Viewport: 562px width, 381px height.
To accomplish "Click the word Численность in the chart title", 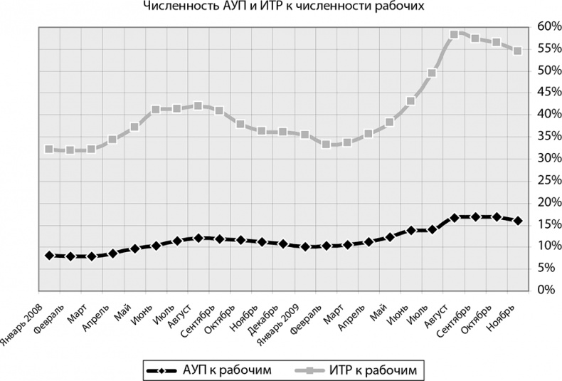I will point(175,9).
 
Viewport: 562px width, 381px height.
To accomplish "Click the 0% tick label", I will point(547,290).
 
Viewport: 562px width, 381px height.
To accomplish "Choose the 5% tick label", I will point(547,268).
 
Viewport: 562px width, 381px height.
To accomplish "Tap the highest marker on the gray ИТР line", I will point(454,34).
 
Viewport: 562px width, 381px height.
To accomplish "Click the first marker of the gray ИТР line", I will point(48,149).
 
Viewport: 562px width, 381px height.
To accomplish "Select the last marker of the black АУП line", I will point(518,221).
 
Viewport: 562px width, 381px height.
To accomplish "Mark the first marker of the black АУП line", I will point(48,255).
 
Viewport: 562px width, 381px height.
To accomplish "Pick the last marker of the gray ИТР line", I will point(518,51).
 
